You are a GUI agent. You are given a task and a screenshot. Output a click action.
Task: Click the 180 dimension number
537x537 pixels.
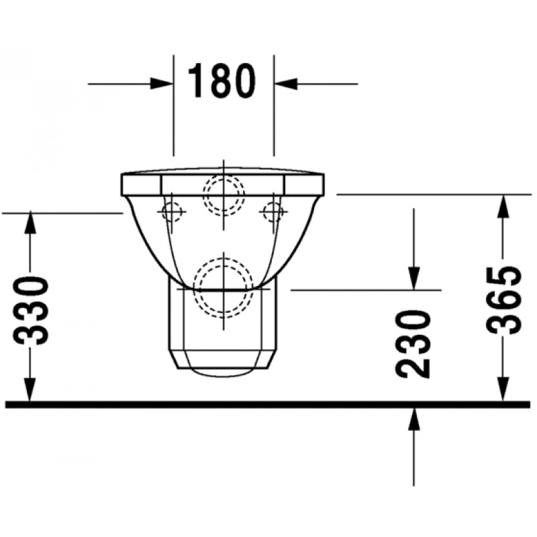[x=222, y=81]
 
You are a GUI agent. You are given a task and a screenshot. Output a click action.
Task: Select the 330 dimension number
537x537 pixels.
[x=31, y=311]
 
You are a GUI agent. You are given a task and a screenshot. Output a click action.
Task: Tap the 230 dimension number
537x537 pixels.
[x=413, y=344]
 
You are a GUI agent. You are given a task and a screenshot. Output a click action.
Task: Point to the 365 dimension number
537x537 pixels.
[x=503, y=300]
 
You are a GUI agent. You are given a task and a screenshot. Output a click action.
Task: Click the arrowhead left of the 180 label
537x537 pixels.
[x=161, y=83]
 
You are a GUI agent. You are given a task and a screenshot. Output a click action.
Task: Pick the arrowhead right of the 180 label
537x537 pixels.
[x=286, y=83]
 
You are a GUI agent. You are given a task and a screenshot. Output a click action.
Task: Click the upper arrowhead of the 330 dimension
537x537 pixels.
[x=30, y=223]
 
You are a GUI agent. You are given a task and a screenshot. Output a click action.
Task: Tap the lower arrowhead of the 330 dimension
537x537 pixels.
[x=30, y=390]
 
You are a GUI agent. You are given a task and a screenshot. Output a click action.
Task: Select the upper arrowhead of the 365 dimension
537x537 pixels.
[x=503, y=206]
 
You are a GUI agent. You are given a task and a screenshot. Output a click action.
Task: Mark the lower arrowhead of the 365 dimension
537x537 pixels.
[x=503, y=390]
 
